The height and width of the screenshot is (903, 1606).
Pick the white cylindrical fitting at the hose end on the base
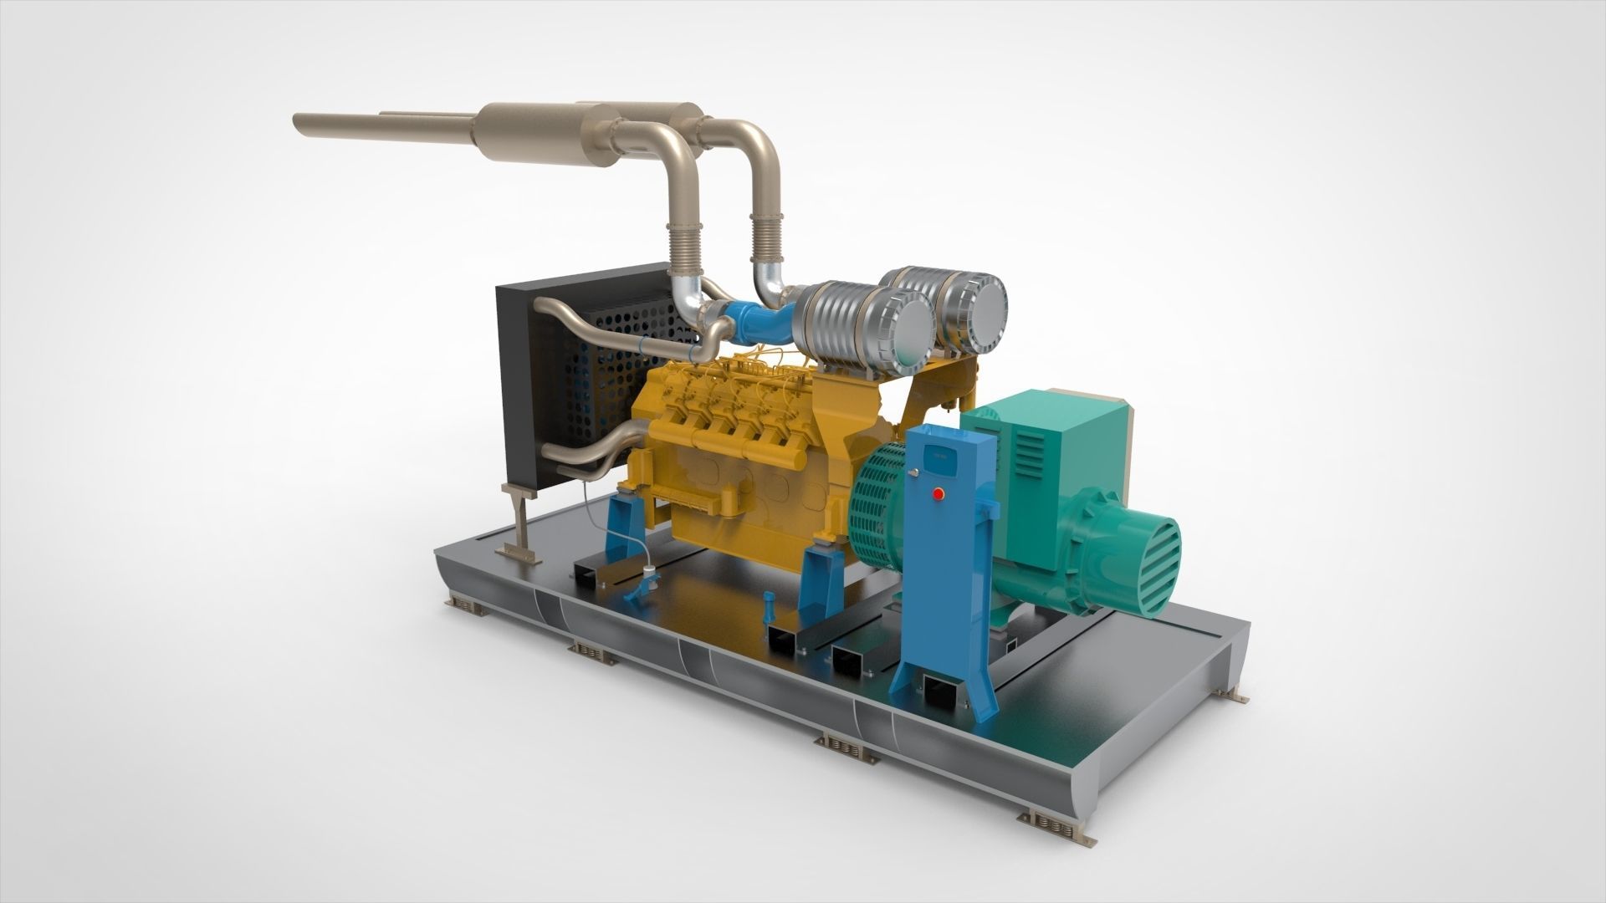tap(648, 573)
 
